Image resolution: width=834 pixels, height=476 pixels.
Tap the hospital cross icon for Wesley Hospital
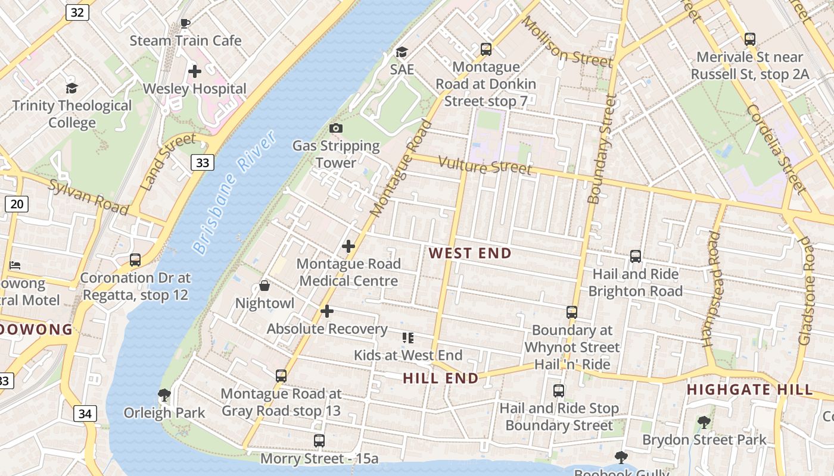[x=194, y=71]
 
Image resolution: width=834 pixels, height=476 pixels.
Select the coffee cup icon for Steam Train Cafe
[x=185, y=23]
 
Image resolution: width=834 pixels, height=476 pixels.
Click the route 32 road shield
[x=77, y=12]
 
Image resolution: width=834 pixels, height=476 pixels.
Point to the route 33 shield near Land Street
[x=203, y=162]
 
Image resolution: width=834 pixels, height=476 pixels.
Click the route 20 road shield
[x=16, y=205]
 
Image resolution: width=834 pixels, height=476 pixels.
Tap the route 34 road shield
[x=85, y=414]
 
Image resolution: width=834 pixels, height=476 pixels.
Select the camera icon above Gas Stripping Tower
[x=336, y=128]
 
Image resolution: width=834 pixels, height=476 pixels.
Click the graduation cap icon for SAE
[x=402, y=52]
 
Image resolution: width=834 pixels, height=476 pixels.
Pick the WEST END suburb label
[x=470, y=253]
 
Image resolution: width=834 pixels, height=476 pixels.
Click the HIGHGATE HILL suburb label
[x=749, y=390]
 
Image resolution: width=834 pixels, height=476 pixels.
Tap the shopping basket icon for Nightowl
[x=264, y=286]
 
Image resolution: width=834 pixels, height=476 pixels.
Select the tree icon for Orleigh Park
[x=164, y=395]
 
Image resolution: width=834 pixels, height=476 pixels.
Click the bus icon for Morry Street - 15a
[x=319, y=441]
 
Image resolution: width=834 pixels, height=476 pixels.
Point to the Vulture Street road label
[x=485, y=165]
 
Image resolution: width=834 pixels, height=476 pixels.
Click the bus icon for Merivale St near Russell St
[x=749, y=39]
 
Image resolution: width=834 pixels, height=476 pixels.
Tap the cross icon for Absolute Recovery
[x=326, y=311]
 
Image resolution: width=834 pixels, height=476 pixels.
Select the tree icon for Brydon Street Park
[x=704, y=422]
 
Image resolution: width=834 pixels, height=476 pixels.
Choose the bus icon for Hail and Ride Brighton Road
[x=636, y=256]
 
